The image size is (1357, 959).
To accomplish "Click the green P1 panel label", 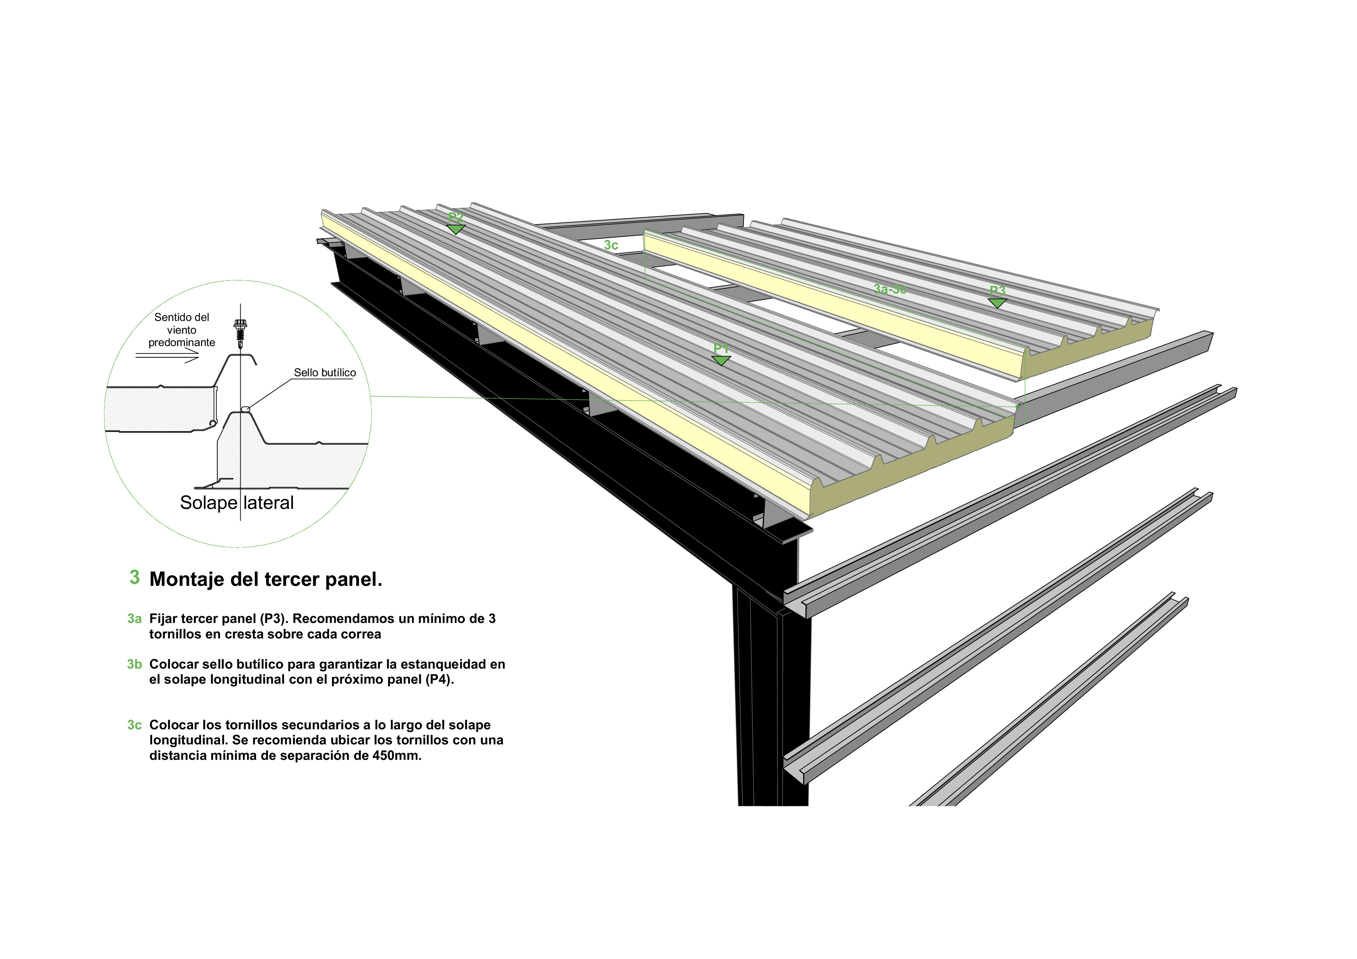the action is coord(721,349).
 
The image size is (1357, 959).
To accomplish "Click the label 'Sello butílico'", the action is coord(325,373).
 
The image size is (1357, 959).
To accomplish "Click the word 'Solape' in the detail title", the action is coord(208,503).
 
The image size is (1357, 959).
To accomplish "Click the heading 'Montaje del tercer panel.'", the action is coord(266,579).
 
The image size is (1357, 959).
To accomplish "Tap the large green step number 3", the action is coord(135,577).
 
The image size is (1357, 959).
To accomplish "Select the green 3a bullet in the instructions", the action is coord(134,619).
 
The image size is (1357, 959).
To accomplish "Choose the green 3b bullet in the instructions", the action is coord(134,664).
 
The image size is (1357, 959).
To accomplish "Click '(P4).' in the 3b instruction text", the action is coord(439,679).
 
